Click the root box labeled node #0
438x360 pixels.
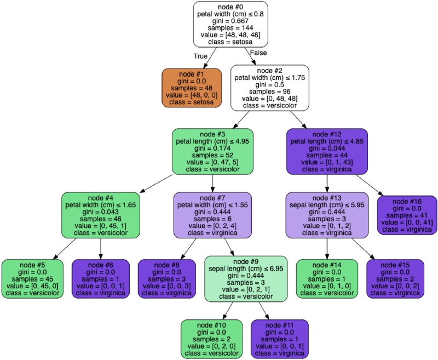point(230,24)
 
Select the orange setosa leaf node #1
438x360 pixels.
point(192,88)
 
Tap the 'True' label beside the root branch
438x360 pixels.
point(201,56)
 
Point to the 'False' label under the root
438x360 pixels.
point(258,53)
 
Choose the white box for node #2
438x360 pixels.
point(269,88)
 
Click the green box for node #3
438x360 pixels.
point(212,152)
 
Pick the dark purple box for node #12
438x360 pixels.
point(327,152)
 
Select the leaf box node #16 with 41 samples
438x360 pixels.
point(407,215)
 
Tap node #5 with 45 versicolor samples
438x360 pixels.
point(32,279)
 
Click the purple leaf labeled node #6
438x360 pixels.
point(101,279)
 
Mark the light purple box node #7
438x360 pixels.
point(212,215)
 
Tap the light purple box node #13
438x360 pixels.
point(327,215)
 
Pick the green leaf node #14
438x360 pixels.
point(327,279)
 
